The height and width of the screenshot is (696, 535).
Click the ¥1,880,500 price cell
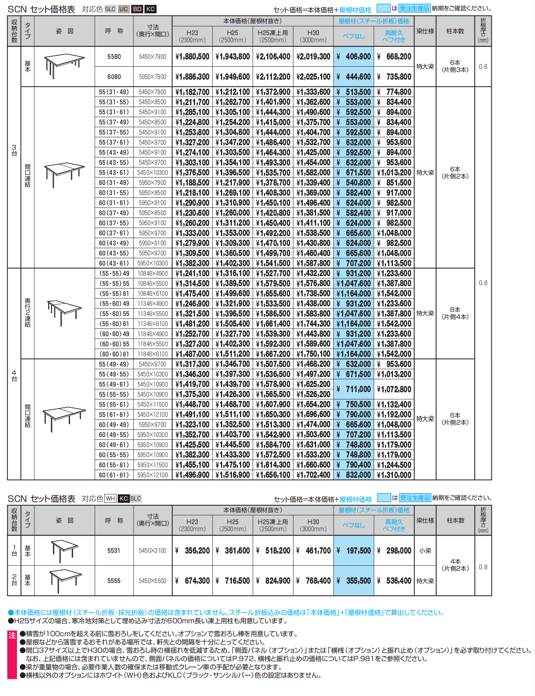[x=192, y=57]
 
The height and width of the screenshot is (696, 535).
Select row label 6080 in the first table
[x=114, y=77]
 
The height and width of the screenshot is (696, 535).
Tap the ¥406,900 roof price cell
[x=354, y=57]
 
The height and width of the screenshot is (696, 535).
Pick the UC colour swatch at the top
[x=124, y=9]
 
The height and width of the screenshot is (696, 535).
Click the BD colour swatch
[x=137, y=9]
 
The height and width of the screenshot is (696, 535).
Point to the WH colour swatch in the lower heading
[x=110, y=498]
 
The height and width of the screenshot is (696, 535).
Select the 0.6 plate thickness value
[x=483, y=67]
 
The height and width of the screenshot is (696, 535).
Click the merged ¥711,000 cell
[x=354, y=389]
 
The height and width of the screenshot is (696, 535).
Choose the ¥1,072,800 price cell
[x=394, y=389]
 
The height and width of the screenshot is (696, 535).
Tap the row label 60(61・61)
[x=114, y=475]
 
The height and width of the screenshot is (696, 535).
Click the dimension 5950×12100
[x=153, y=475]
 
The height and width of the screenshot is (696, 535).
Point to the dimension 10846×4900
[x=153, y=274]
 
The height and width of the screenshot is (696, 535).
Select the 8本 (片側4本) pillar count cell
[x=455, y=313]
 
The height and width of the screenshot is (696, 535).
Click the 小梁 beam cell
[x=425, y=550]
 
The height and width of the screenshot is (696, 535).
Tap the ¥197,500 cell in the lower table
[x=354, y=550]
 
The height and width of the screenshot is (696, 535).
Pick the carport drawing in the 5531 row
[x=64, y=550]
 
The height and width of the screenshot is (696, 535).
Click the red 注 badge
[x=12, y=635]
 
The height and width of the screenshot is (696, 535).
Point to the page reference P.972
[x=244, y=658]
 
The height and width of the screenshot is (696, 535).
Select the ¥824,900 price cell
[x=273, y=581]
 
